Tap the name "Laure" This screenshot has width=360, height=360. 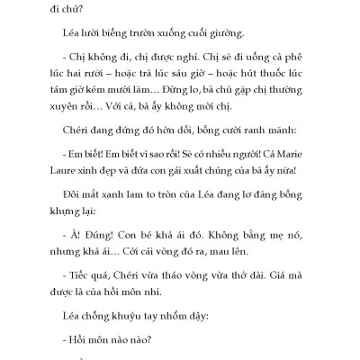[x=72, y=185]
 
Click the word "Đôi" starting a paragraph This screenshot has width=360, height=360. [x=73, y=213]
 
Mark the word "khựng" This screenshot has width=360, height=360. [x=72, y=231]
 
